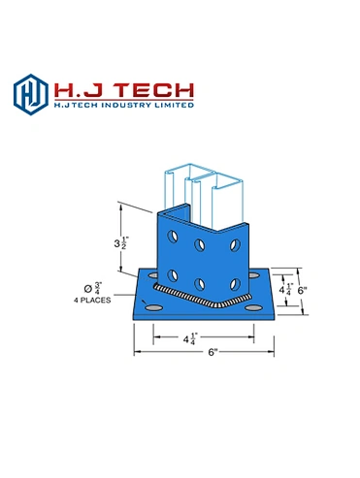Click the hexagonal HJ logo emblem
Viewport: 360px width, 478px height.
pos(31,94)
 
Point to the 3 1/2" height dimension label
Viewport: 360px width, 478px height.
pos(121,243)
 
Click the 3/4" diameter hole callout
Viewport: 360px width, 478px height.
pos(93,288)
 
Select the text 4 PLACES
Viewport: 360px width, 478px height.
pos(92,301)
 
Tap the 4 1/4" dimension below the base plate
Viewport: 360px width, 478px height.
pos(190,339)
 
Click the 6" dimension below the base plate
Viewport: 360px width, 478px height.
pos(213,352)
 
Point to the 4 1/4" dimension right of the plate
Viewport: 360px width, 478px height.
pos(286,289)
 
